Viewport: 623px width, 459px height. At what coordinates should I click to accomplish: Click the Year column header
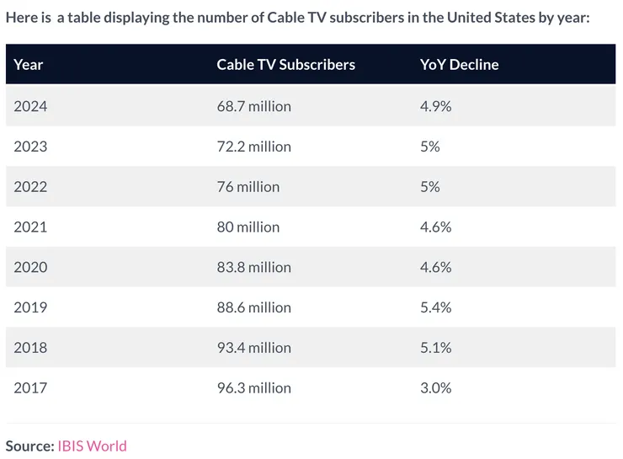29,65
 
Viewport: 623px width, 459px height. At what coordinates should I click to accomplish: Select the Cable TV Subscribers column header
285,65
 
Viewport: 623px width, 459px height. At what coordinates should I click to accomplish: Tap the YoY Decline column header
459,65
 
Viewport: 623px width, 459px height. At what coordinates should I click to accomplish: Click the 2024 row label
30,106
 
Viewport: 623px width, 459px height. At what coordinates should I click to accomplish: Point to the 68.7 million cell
253,106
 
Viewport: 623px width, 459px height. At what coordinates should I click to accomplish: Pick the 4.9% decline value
435,106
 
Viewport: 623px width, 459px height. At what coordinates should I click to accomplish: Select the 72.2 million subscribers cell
253,147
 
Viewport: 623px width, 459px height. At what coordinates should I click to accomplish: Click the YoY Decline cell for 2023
429,147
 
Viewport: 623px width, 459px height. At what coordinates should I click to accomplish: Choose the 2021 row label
30,227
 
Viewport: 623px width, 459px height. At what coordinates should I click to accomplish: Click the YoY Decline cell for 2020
435,268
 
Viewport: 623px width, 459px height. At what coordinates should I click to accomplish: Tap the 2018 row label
30,348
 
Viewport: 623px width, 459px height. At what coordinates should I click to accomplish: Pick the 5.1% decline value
435,348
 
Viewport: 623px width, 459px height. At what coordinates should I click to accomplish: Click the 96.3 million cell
253,388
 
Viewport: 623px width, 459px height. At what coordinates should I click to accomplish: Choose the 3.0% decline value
435,388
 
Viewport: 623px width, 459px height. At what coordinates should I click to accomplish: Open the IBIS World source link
92,446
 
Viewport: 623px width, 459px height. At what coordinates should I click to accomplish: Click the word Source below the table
29,446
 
